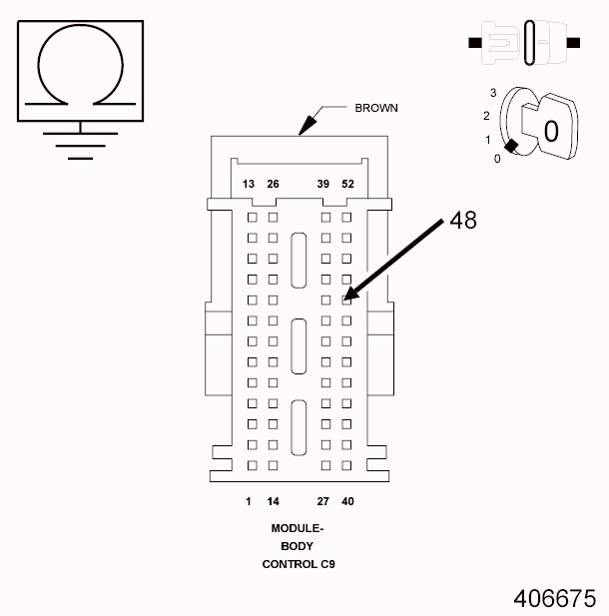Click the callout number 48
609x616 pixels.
(463, 221)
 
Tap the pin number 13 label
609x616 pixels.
(250, 184)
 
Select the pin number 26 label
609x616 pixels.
(273, 184)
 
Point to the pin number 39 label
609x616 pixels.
(323, 184)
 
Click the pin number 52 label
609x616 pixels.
(347, 184)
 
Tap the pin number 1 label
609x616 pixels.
(249, 501)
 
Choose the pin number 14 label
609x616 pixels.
(273, 501)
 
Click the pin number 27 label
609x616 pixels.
(323, 501)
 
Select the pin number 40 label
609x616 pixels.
(347, 501)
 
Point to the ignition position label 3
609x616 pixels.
(493, 93)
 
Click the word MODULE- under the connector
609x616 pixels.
(298, 528)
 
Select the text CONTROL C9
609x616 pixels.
(298, 564)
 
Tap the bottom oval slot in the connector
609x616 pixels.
(299, 429)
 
